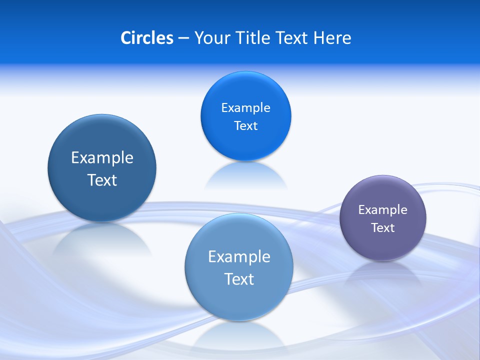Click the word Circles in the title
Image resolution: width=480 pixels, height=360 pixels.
pos(146,38)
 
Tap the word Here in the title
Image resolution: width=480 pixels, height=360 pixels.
pos(332,38)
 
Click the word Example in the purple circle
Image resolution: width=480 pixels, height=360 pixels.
pos(383,209)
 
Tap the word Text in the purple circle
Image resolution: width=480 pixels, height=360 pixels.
pos(383,227)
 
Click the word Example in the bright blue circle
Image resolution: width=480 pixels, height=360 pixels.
pos(245,107)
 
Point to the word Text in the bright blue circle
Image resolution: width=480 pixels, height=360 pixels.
pos(245,125)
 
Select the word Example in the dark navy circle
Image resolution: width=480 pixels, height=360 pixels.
pos(102,157)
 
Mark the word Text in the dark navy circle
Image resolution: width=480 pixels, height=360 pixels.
pos(102,180)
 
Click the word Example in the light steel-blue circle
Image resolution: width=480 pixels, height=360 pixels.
pos(239,256)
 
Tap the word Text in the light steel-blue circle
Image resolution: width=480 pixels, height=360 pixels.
pos(239,278)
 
